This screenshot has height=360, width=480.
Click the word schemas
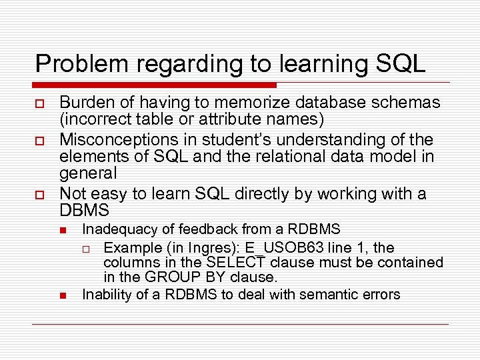[408, 103]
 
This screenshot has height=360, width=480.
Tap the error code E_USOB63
[250, 248]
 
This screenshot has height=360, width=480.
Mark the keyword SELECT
[241, 263]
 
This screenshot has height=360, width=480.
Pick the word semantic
[319, 294]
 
